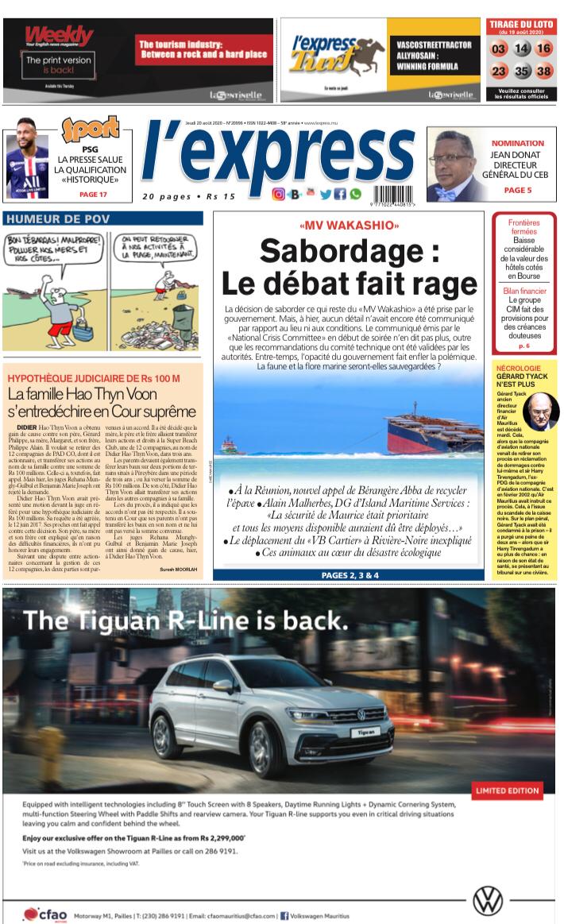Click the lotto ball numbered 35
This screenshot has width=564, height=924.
(521, 72)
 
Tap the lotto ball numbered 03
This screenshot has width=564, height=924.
(499, 48)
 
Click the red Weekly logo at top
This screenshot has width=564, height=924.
(58, 36)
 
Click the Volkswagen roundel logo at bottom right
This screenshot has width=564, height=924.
(487, 900)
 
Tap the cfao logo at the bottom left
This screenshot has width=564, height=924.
(43, 914)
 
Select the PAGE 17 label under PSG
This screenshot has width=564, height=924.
(93, 195)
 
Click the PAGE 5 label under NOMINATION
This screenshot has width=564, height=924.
(518, 191)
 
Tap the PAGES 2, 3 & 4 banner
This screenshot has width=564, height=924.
(350, 574)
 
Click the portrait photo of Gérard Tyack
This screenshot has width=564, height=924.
(541, 411)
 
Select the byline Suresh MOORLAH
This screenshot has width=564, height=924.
(180, 570)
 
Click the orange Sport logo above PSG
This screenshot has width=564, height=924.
(90, 129)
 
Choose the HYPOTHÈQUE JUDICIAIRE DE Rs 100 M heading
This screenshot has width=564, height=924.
(93, 377)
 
